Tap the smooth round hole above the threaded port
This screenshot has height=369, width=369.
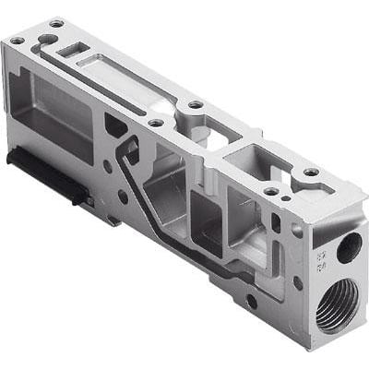click(x=349, y=246)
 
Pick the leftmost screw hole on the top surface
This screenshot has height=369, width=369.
click(x=16, y=41)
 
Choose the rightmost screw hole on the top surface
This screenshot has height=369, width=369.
click(x=311, y=173)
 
